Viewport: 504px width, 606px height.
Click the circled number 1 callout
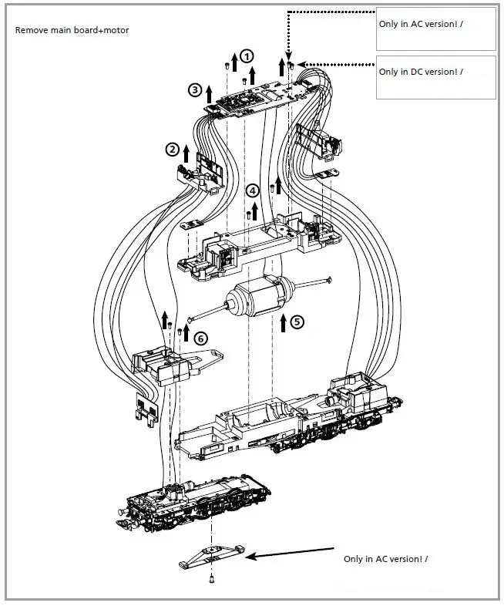pos(246,56)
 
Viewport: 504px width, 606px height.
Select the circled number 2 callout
pos(173,149)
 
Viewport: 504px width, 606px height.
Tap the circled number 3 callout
pos(195,90)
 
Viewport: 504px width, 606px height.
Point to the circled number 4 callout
pos(253,190)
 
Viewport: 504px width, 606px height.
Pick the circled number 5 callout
pos(297,322)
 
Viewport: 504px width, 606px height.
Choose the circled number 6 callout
pos(200,338)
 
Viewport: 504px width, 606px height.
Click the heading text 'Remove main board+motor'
pos(72,30)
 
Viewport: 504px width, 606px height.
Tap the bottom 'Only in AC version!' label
pos(385,558)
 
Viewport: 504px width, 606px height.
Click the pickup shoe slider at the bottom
pos(211,556)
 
